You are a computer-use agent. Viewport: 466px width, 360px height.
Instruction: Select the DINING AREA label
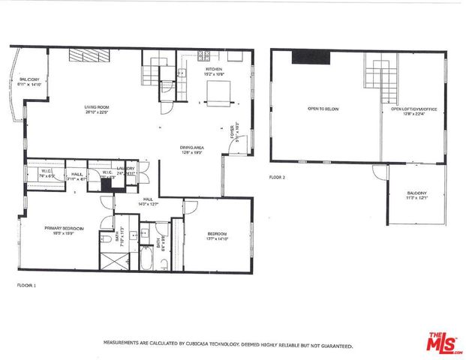(191, 148)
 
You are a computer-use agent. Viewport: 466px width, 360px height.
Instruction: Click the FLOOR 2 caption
(278, 177)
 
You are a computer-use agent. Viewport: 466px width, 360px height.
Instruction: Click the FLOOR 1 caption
(26, 285)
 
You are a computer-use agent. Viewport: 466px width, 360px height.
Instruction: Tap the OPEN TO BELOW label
(321, 109)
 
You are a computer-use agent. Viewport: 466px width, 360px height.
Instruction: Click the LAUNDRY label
(125, 169)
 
